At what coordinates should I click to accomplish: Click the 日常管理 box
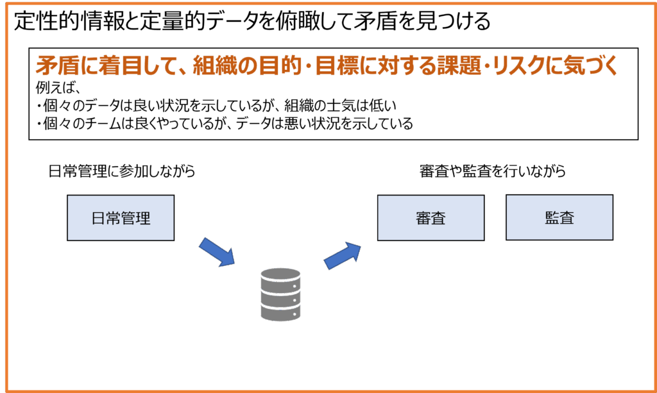point(121,218)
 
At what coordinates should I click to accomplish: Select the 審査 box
point(431,218)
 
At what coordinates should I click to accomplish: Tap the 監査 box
point(559,217)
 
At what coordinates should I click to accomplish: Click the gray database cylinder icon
point(280,294)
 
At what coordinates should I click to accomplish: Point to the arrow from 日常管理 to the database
point(217,251)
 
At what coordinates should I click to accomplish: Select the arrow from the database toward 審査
point(343,255)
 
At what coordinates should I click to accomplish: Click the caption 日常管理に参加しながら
point(122,171)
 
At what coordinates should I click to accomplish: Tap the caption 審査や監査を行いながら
point(492,171)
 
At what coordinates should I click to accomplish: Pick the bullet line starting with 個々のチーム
point(225,124)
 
